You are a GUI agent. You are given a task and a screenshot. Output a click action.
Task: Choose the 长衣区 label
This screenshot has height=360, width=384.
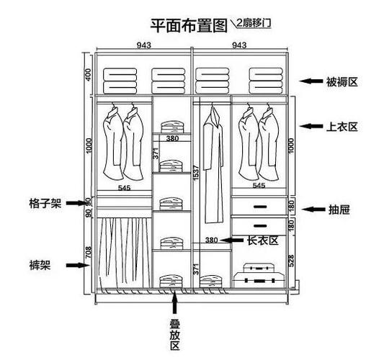click(262, 240)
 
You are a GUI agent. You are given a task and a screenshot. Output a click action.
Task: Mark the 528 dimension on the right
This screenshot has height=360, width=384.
click(290, 261)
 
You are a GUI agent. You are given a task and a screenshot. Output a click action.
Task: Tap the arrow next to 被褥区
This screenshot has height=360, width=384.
click(311, 82)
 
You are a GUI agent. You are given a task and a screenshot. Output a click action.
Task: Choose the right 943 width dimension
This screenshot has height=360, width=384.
click(240, 45)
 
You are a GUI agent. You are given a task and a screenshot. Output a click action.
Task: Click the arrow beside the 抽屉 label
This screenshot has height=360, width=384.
click(311, 210)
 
